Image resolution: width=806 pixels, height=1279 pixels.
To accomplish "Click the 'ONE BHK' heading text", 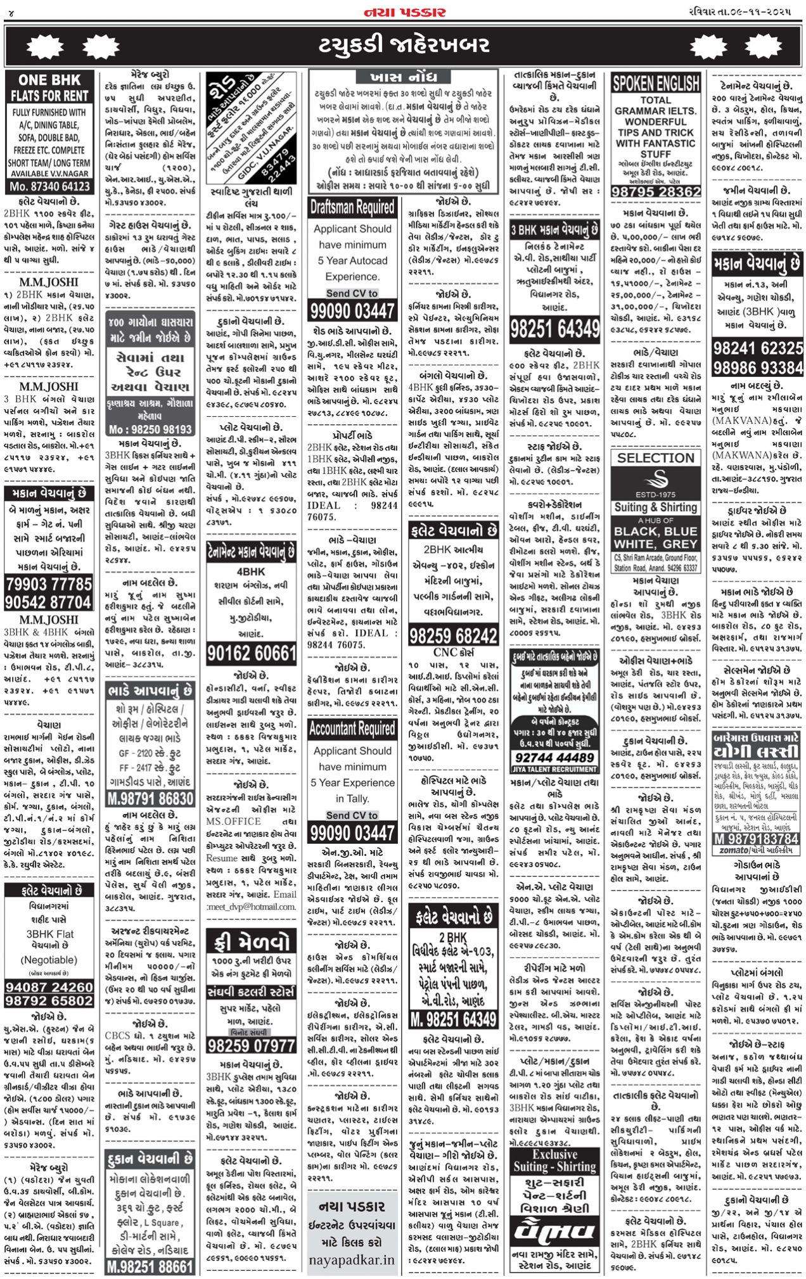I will (49, 80).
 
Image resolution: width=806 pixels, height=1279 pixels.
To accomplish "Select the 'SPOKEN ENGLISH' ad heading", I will (655, 83).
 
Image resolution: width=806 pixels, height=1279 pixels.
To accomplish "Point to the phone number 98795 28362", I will (655, 192).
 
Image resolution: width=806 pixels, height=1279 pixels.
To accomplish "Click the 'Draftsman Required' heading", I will (352, 207).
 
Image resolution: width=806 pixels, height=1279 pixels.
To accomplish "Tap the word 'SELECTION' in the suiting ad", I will (655, 458).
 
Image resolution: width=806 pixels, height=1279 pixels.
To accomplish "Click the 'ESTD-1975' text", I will (655, 495).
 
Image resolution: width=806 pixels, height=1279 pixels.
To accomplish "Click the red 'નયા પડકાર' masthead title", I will (404, 12).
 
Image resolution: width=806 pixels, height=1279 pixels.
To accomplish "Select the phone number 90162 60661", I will (251, 653).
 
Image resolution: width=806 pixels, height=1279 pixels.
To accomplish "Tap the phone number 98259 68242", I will (453, 635).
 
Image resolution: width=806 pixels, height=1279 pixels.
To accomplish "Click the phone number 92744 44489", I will (554, 758).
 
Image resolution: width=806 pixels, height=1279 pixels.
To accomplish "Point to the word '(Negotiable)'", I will (49, 960).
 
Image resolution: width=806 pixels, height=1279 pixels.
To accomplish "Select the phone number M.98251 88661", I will (150, 1266).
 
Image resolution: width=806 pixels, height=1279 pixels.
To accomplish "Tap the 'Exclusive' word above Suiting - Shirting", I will (554, 1154).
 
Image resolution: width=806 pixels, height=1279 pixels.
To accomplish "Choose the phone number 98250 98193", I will (150, 429).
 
